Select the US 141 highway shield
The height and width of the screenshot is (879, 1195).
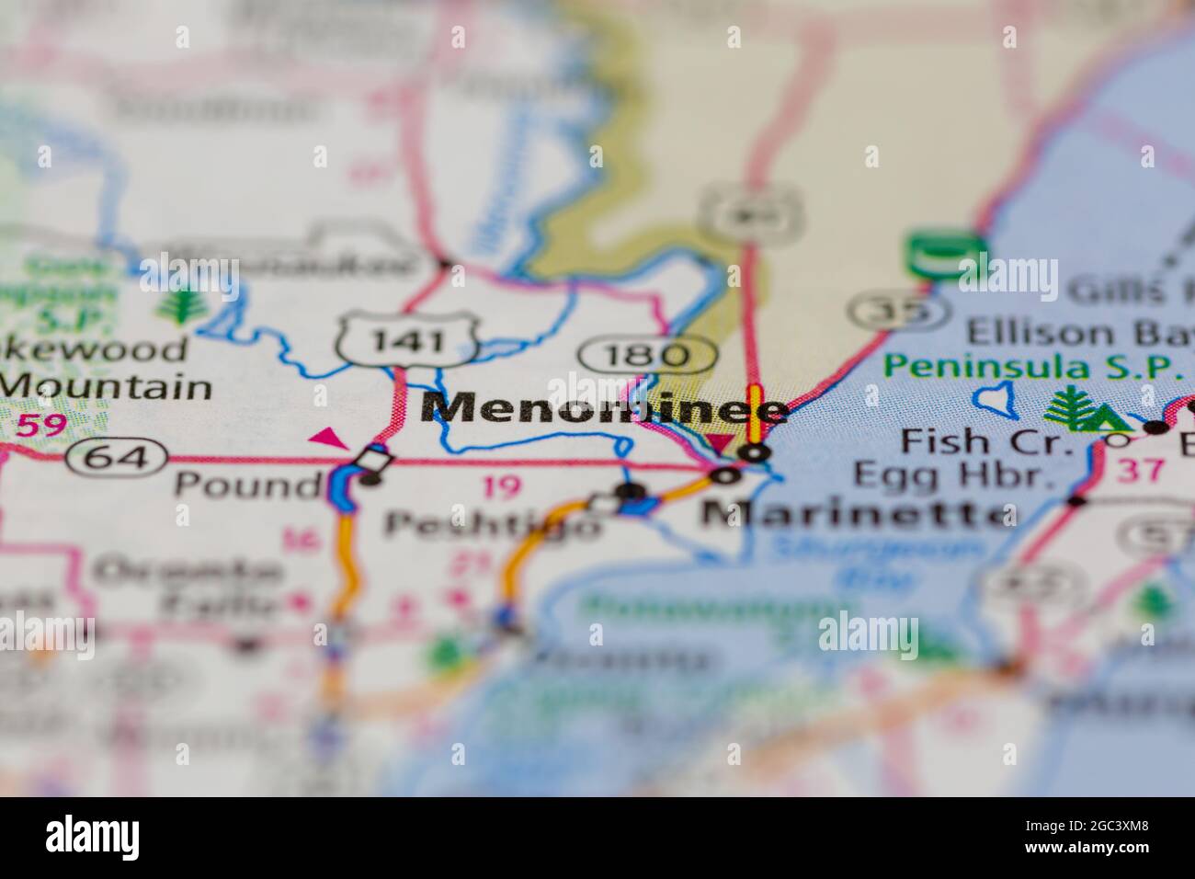405,339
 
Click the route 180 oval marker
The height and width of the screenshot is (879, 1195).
649,354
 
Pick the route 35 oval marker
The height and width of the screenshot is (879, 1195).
898,312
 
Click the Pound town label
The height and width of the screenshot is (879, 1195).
245,484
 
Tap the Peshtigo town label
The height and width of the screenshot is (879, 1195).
493,525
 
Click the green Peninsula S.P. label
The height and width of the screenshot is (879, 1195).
1033,366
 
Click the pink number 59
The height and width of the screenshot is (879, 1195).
41,425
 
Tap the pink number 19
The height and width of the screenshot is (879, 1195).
500,486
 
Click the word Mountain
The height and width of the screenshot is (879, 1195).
107,386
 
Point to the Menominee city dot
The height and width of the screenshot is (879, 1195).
756,452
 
